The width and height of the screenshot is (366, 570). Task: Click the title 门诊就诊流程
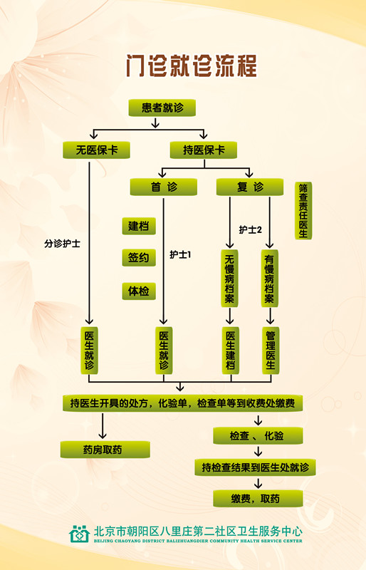[192, 66]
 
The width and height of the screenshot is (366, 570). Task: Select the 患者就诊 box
[162, 108]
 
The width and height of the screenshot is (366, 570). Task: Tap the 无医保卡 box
[96, 150]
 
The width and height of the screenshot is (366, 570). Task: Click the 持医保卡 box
[204, 150]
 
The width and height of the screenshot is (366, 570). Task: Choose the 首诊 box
[164, 187]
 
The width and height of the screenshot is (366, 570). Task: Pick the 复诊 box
[250, 187]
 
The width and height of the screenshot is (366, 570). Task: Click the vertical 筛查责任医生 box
[303, 211]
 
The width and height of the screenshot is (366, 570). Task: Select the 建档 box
[139, 226]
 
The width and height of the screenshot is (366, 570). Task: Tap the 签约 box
[139, 258]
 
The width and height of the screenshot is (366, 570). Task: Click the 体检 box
[139, 291]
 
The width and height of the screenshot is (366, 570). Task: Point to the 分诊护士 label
[62, 244]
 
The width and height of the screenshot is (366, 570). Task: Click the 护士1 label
[180, 254]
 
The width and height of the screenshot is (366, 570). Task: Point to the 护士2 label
[250, 229]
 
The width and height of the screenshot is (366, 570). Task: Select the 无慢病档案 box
[229, 279]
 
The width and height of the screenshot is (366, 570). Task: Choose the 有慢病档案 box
[269, 279]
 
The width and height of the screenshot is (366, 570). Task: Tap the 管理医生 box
[271, 351]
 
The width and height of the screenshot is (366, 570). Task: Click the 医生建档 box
[231, 351]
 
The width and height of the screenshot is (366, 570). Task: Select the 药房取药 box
[105, 450]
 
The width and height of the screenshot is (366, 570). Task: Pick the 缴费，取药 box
[258, 498]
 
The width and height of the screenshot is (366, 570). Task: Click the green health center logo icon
[79, 534]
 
